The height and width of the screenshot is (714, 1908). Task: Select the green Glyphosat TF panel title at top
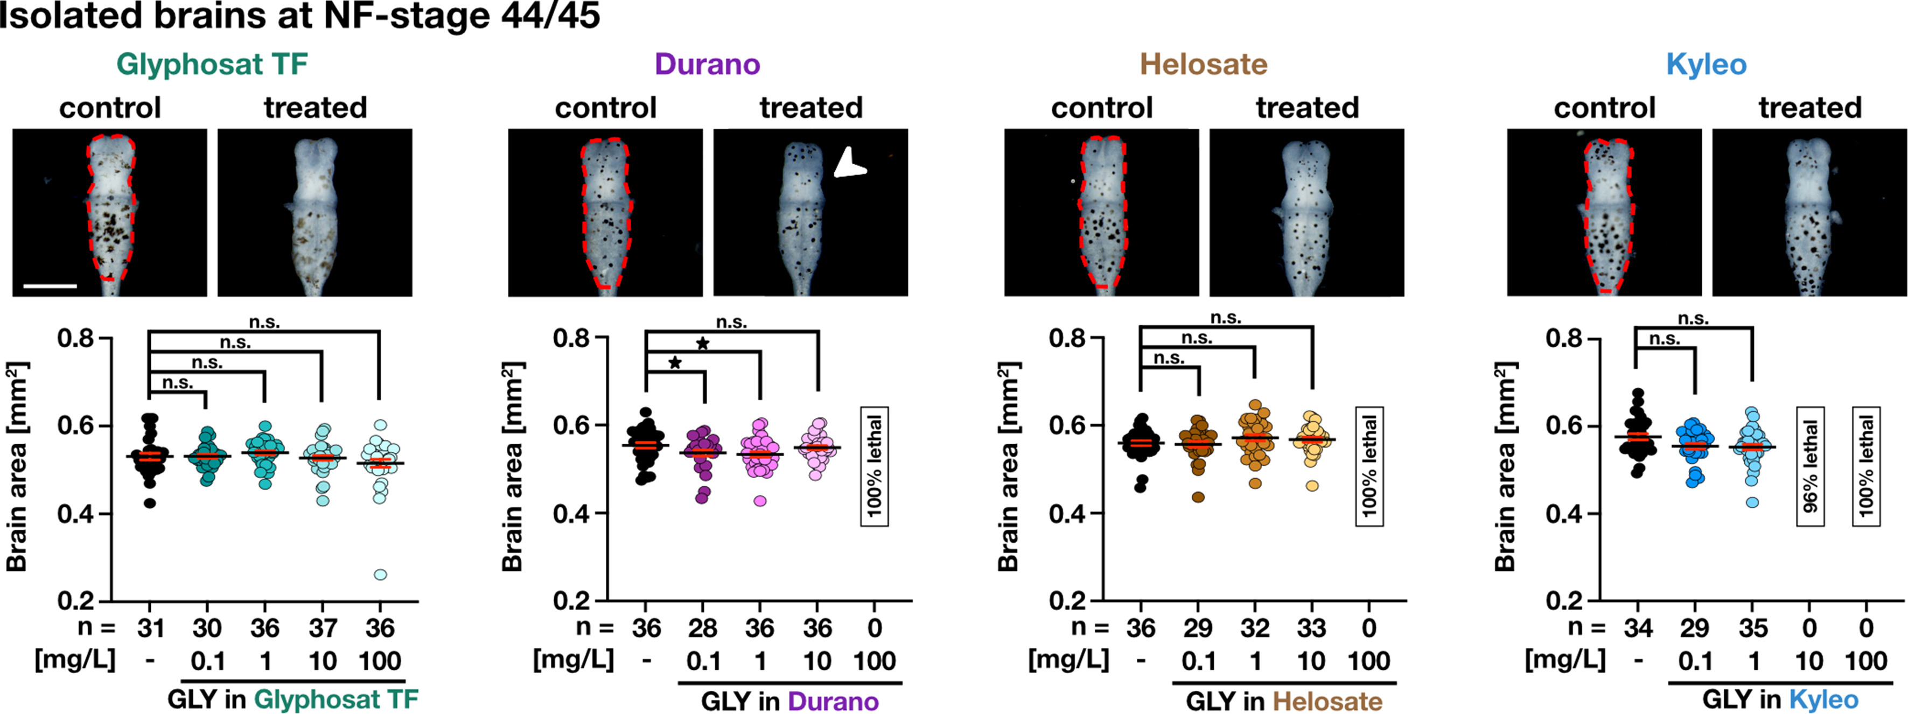(212, 65)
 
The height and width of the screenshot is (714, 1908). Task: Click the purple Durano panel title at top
(707, 65)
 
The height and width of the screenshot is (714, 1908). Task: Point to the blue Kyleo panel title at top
(1706, 65)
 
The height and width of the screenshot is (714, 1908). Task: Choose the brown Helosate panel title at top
(1204, 65)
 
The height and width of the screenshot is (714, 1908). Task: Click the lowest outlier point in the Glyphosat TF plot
(380, 575)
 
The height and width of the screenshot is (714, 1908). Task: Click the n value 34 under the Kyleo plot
(1638, 628)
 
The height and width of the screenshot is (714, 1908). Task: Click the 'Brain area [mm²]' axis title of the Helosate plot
(1008, 467)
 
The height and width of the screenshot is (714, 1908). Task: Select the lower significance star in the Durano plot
(675, 363)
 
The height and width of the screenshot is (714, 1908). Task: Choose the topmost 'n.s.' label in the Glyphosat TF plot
(264, 322)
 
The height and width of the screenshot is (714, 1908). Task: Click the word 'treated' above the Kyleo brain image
(1809, 108)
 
